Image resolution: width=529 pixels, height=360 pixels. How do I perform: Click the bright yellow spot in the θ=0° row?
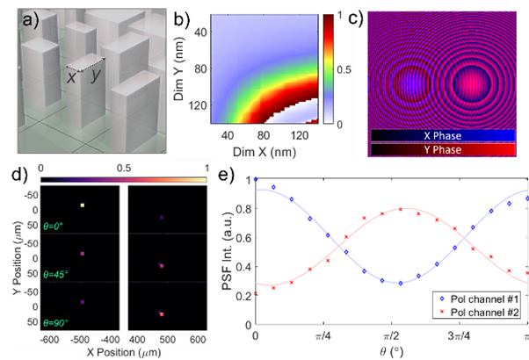click(83, 205)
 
